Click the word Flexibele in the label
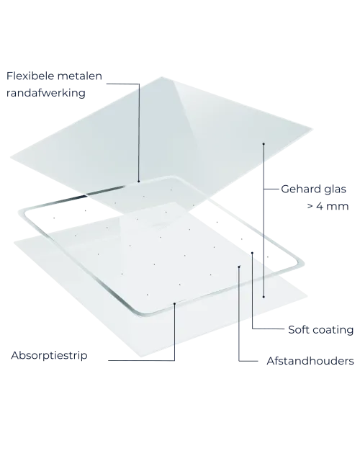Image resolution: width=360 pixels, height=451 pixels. coord(30,76)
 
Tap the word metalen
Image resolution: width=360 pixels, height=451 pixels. coord(80,76)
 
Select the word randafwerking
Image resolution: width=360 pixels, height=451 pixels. coord(46,93)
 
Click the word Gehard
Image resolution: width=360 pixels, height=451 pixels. coord(301,189)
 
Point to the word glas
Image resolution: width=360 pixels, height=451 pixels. coord(335,189)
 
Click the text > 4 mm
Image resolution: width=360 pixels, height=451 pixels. coord(328,206)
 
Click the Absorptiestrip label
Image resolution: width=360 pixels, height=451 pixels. coord(49,355)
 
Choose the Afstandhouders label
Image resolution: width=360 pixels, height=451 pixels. coord(310,361)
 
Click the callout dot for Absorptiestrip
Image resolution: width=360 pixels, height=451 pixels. coord(174,303)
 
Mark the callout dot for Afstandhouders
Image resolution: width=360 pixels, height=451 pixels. coord(239,267)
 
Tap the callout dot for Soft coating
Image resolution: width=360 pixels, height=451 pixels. coord(252,253)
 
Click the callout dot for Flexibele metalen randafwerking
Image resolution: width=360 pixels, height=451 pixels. coord(138,182)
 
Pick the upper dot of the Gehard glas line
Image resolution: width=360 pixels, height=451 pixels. coord(264,143)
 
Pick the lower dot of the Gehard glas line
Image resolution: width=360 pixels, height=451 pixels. coord(264,297)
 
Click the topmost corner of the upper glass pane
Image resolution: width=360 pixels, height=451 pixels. coord(161,77)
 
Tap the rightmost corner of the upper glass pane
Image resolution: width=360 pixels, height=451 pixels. coord(312,129)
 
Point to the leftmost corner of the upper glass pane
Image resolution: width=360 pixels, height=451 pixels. coord(11,157)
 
